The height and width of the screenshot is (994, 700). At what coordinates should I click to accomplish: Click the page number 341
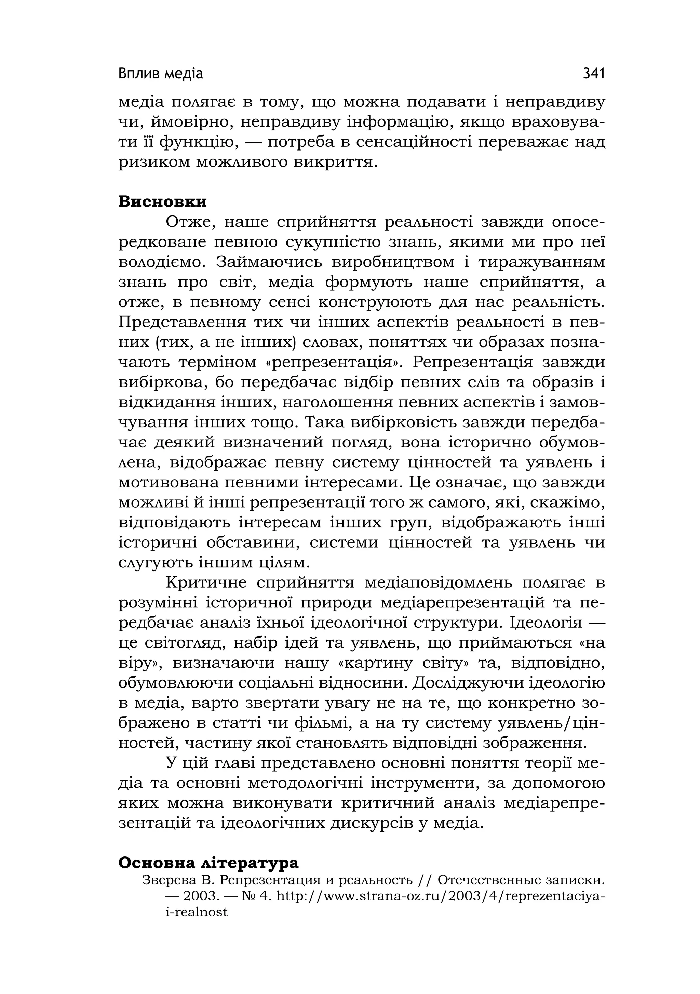coord(593,74)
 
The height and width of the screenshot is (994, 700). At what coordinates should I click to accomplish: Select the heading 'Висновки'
coord(163,202)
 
